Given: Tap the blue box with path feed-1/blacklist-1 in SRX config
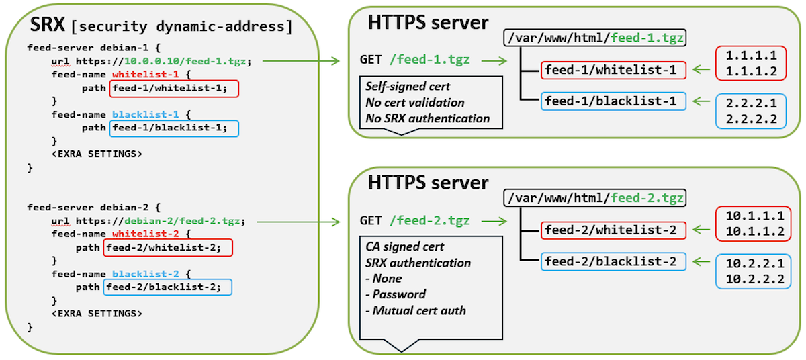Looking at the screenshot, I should pyautogui.click(x=173, y=128).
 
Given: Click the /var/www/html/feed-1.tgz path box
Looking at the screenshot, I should pyautogui.click(x=595, y=38).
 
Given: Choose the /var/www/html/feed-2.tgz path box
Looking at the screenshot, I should pyautogui.click(x=595, y=198).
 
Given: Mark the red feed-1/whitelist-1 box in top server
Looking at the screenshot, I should pyautogui.click(x=613, y=69).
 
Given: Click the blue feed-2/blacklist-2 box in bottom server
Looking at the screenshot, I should pyautogui.click(x=613, y=261).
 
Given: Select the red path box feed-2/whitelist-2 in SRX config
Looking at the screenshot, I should pyautogui.click(x=168, y=248).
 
